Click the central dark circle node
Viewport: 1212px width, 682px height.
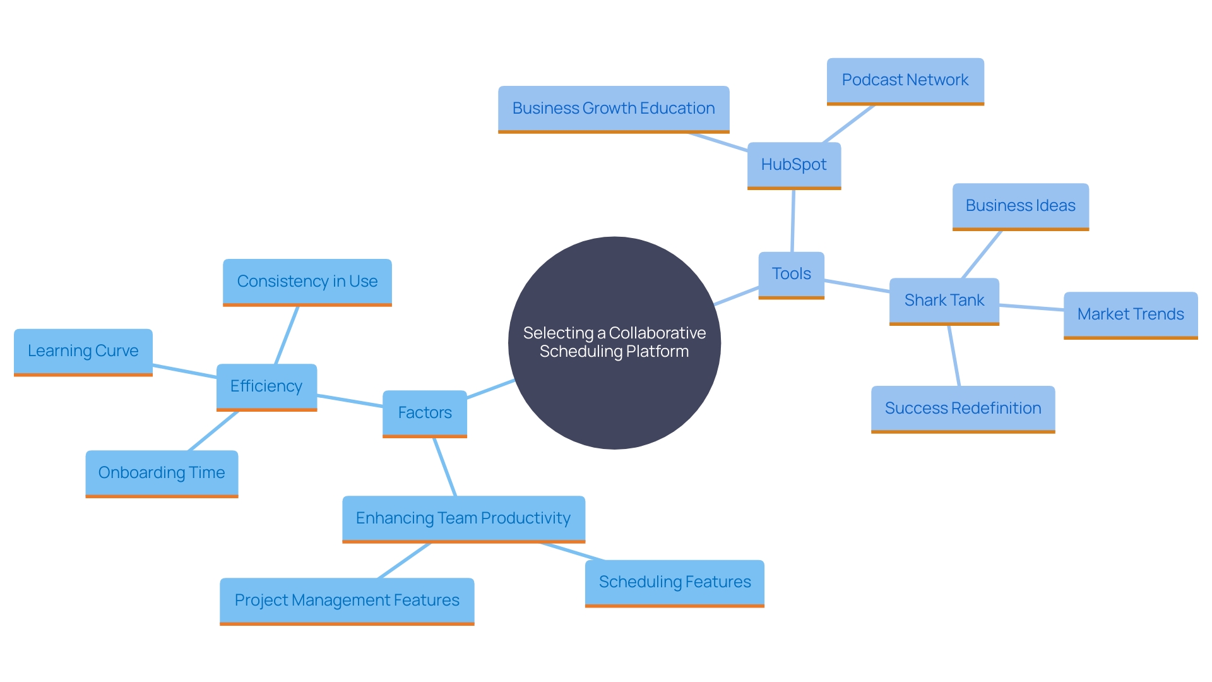[614, 343]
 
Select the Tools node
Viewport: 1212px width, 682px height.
[791, 274]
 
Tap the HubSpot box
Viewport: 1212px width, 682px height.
[793, 165]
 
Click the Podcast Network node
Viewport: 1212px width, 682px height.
[905, 80]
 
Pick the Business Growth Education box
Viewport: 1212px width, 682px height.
[613, 109]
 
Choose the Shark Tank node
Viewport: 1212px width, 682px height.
[944, 301]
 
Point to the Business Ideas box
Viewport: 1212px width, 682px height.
[1020, 206]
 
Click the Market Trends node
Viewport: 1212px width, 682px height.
[1130, 314]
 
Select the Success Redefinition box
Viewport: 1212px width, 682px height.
[963, 409]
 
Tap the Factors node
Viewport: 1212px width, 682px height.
[424, 413]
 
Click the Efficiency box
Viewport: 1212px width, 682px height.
[266, 386]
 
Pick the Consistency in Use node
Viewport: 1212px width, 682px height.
[307, 282]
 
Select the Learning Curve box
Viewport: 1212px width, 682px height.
[83, 351]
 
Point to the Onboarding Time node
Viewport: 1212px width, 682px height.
[162, 473]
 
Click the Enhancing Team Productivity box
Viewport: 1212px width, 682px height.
[463, 518]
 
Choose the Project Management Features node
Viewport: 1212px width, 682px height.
[347, 601]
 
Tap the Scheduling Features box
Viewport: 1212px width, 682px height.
[674, 582]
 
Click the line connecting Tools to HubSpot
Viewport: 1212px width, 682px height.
[793, 221]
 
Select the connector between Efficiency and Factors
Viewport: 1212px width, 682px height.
[350, 401]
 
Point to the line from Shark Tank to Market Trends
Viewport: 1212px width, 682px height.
[1031, 308]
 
